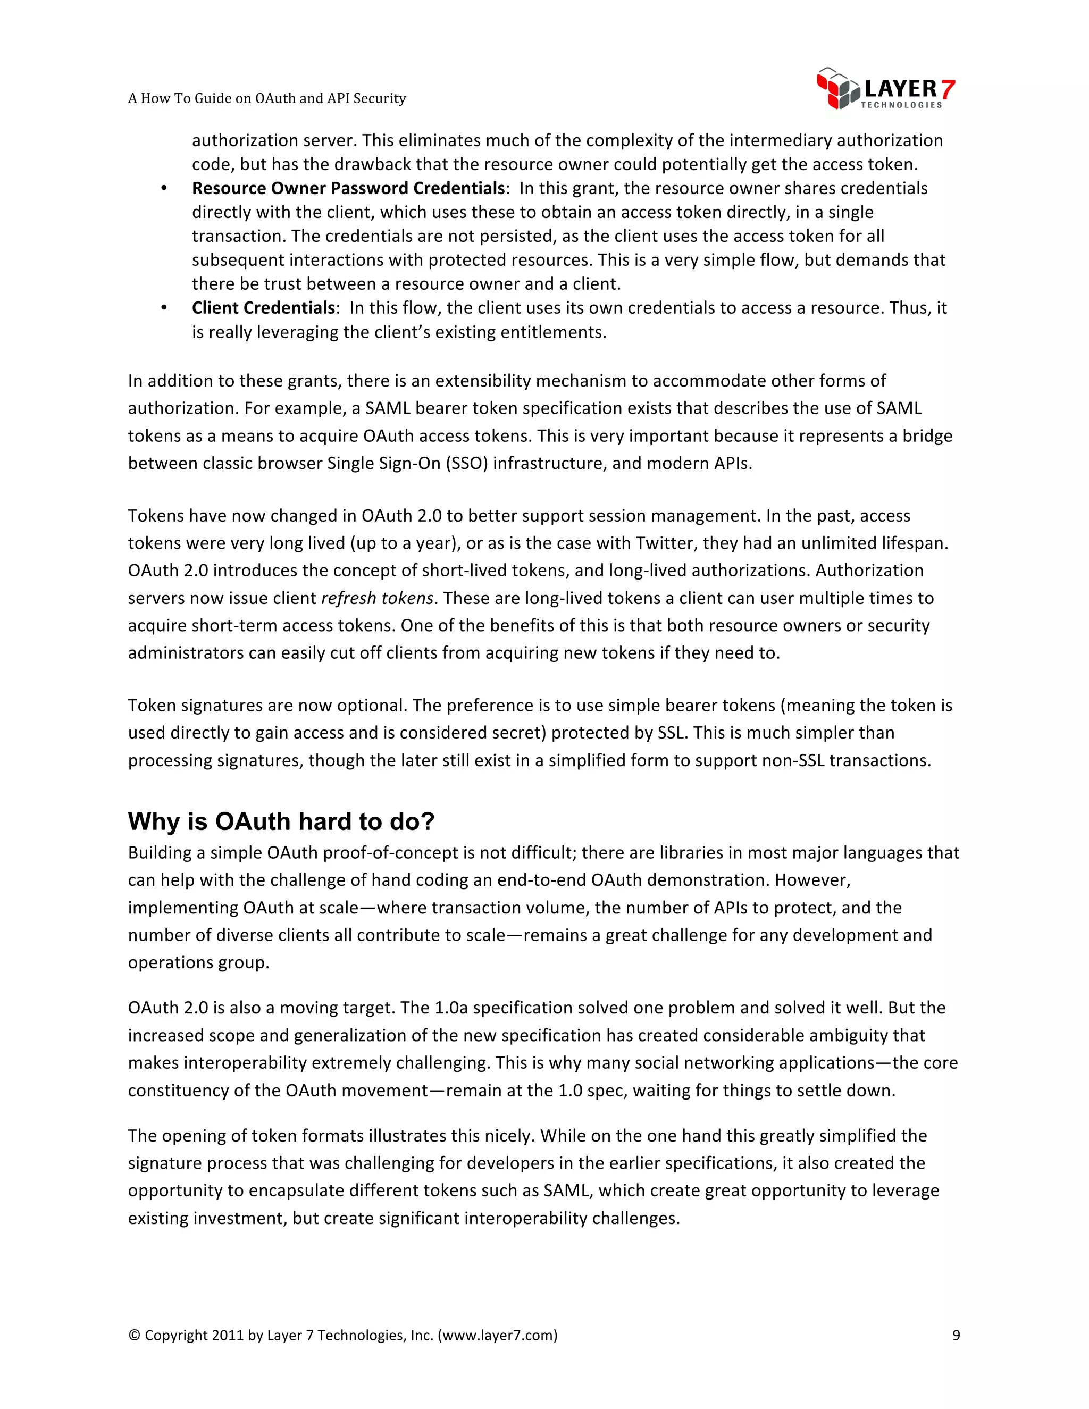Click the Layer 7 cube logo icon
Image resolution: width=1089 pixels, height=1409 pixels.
pos(837,88)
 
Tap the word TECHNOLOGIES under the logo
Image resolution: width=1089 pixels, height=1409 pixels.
pos(901,105)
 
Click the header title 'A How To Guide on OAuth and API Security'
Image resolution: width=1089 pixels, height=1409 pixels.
pos(266,98)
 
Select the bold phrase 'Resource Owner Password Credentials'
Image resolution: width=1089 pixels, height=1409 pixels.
pos(348,188)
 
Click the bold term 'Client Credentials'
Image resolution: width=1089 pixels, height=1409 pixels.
pos(263,308)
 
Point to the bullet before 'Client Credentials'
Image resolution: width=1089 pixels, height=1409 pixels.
pos(164,308)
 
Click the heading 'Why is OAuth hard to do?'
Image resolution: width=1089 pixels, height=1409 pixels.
pos(281,821)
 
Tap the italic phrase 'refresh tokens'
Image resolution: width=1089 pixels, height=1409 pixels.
pos(378,598)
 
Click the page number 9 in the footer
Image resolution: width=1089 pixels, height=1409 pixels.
pos(956,1335)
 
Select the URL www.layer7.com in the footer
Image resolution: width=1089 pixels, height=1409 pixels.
pos(497,1335)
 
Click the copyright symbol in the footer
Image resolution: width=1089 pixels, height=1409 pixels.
pos(134,1335)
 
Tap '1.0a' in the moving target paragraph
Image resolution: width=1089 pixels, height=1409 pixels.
pos(451,1008)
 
